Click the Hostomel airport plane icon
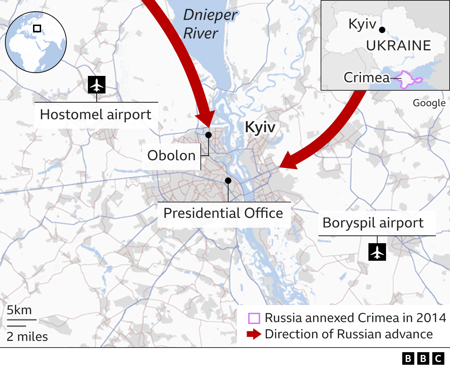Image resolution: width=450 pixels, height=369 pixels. [x=97, y=84]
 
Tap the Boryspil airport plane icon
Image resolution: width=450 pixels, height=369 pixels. [x=377, y=252]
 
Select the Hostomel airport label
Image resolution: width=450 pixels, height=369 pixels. [x=96, y=115]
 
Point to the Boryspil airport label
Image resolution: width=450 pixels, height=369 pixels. [x=373, y=223]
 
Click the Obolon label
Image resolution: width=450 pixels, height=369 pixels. [x=171, y=155]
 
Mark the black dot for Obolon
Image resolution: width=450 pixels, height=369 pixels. [x=208, y=135]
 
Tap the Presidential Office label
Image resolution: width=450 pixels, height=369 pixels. [x=223, y=213]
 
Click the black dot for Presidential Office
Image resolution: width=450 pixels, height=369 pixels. [x=228, y=181]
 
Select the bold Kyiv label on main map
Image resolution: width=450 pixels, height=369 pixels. [x=260, y=127]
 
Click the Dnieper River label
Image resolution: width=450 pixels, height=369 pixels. [x=210, y=24]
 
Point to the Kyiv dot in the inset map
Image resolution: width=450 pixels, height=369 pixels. [x=382, y=30]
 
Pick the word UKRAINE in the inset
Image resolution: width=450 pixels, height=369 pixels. [x=398, y=46]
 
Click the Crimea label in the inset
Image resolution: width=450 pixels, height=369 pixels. [x=367, y=77]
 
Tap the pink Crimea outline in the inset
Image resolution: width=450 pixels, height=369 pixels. [x=408, y=79]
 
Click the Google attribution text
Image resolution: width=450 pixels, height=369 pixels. [x=429, y=103]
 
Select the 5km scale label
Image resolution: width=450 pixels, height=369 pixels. [x=19, y=310]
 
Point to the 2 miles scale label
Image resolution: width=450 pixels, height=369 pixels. [x=27, y=337]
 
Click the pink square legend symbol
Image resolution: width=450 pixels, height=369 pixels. [x=254, y=318]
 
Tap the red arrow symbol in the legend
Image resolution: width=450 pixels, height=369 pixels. [x=254, y=334]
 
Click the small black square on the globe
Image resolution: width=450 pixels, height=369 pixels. [x=37, y=28]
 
